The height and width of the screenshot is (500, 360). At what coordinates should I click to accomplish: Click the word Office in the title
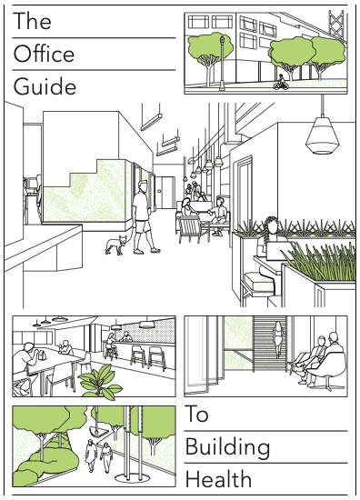click(x=44, y=54)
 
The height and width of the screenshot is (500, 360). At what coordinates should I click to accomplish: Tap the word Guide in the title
click(x=45, y=86)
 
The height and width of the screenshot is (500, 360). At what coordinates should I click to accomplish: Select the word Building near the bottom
click(x=227, y=447)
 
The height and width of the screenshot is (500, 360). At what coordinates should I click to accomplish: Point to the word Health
click(x=218, y=479)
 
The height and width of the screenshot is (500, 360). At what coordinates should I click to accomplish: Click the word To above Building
click(x=196, y=414)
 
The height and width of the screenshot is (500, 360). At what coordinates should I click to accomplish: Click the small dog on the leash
click(x=115, y=245)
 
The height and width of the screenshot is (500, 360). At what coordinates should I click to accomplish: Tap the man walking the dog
click(x=144, y=217)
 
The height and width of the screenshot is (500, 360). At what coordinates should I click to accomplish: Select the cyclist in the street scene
click(x=281, y=83)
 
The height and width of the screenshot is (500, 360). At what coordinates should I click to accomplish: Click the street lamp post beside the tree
click(x=222, y=63)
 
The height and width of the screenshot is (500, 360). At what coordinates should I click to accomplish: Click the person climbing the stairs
click(x=278, y=338)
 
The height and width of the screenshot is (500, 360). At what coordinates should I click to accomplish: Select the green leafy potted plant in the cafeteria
click(x=100, y=382)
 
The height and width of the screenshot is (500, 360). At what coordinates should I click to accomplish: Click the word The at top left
click(x=32, y=21)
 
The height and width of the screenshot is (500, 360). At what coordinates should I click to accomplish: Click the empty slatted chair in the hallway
click(x=190, y=228)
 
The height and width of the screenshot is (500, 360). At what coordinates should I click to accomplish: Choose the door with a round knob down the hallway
click(x=164, y=193)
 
